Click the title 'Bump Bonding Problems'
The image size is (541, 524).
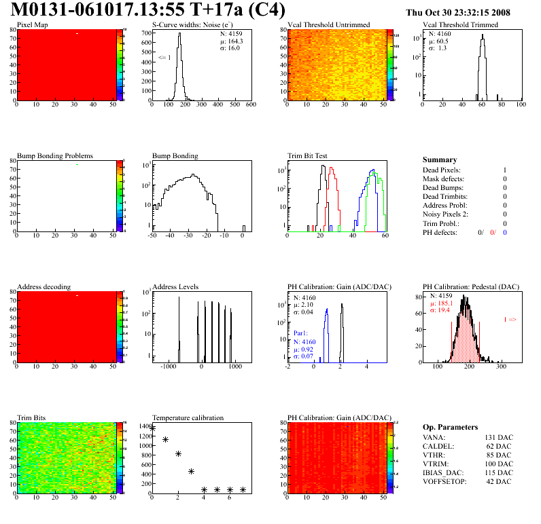[55, 155]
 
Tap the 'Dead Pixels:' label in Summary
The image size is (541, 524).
[442, 170]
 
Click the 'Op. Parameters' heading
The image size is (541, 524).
[450, 427]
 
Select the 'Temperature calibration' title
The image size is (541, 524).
[188, 417]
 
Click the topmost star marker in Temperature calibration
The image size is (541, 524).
[152, 428]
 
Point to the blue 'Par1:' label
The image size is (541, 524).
[301, 334]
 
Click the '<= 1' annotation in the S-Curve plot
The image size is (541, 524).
[164, 58]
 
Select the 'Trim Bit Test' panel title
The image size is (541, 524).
[308, 155]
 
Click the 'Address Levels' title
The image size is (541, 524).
[176, 286]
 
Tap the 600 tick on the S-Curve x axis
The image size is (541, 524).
[250, 105]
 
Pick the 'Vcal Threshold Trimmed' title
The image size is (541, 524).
[460, 24]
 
